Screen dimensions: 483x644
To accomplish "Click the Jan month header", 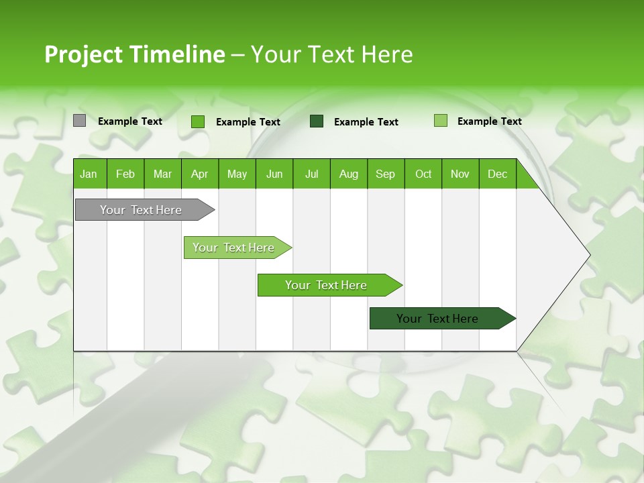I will coord(89,174).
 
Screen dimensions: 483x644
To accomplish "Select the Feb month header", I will coord(125,174).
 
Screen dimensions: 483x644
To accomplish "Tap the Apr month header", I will coord(199,174).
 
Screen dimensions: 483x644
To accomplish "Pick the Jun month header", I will coord(274,174).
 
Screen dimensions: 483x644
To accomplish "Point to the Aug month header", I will coord(349,174).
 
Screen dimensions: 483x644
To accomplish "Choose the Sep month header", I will coord(385,174).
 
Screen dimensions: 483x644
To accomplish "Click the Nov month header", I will coord(460,174).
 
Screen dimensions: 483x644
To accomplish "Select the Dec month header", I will coord(497,174).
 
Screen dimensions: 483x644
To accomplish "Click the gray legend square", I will coord(79,121).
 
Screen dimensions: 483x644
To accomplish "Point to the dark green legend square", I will coord(317,121).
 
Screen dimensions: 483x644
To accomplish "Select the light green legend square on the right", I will coord(441,121).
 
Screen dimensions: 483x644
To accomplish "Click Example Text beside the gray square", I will coord(130,121).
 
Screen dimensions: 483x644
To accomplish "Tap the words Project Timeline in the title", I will coord(134,54).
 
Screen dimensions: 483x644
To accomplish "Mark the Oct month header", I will coord(423,174).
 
